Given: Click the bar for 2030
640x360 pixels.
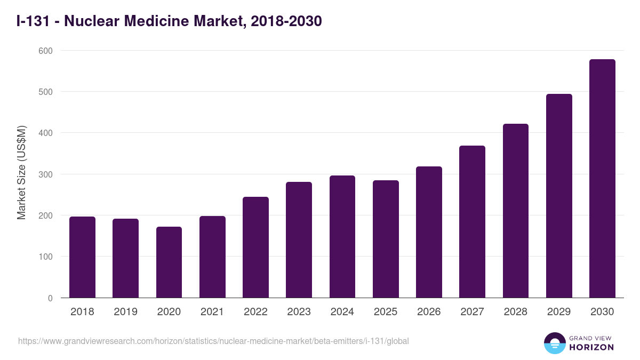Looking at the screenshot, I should coord(602,179).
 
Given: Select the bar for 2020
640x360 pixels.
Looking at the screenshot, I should coord(169,262).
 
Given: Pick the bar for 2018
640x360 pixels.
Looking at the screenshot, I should coord(82,257).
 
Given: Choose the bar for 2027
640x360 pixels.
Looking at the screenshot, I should coord(472,222).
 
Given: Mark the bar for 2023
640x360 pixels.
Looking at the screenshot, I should coord(299,240).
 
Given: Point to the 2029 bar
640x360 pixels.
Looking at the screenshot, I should coord(559,196).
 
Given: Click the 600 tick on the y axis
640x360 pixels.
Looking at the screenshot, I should coord(46,51).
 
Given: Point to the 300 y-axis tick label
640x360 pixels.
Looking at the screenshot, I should coord(46,174).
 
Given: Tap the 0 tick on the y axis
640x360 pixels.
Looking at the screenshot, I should coord(50,298).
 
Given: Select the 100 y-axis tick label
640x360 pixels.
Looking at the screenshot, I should coord(46,257).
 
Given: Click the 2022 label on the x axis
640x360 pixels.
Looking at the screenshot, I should coord(255,312).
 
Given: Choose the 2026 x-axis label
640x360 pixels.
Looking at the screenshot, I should coord(429,312).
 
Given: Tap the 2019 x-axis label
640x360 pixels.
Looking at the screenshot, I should coord(125,312).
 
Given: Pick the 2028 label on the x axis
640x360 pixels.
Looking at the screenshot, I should coord(516,312).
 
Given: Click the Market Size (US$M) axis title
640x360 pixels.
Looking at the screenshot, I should coord(21,173).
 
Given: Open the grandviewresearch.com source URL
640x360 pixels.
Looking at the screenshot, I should coord(213,341).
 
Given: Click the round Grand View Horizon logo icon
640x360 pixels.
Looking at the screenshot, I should coord(555,343).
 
